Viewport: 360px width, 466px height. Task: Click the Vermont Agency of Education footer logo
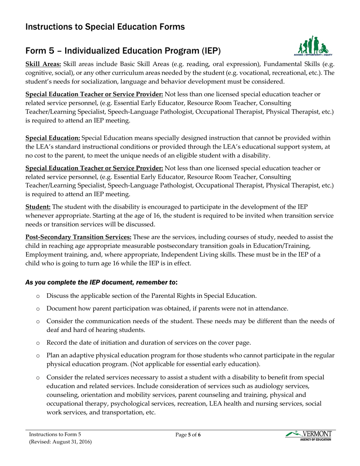click(x=308, y=436)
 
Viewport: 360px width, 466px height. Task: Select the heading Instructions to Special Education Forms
click(x=105, y=27)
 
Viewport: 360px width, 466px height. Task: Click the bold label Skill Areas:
click(x=43, y=64)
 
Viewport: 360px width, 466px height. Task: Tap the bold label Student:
click(x=38, y=207)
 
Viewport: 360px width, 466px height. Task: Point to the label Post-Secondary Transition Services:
click(x=78, y=237)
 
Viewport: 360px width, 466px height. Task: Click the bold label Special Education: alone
click(x=53, y=138)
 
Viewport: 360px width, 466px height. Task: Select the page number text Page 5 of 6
click(x=188, y=435)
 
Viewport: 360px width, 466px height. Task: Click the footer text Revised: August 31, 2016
click(x=60, y=442)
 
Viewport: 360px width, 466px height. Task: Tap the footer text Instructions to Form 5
click(x=55, y=435)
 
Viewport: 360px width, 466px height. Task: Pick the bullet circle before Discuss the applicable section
click(x=38, y=296)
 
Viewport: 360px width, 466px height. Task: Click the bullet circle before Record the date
click(x=38, y=343)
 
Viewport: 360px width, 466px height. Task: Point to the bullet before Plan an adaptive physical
click(x=38, y=356)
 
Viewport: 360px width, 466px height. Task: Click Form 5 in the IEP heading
click(x=39, y=51)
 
